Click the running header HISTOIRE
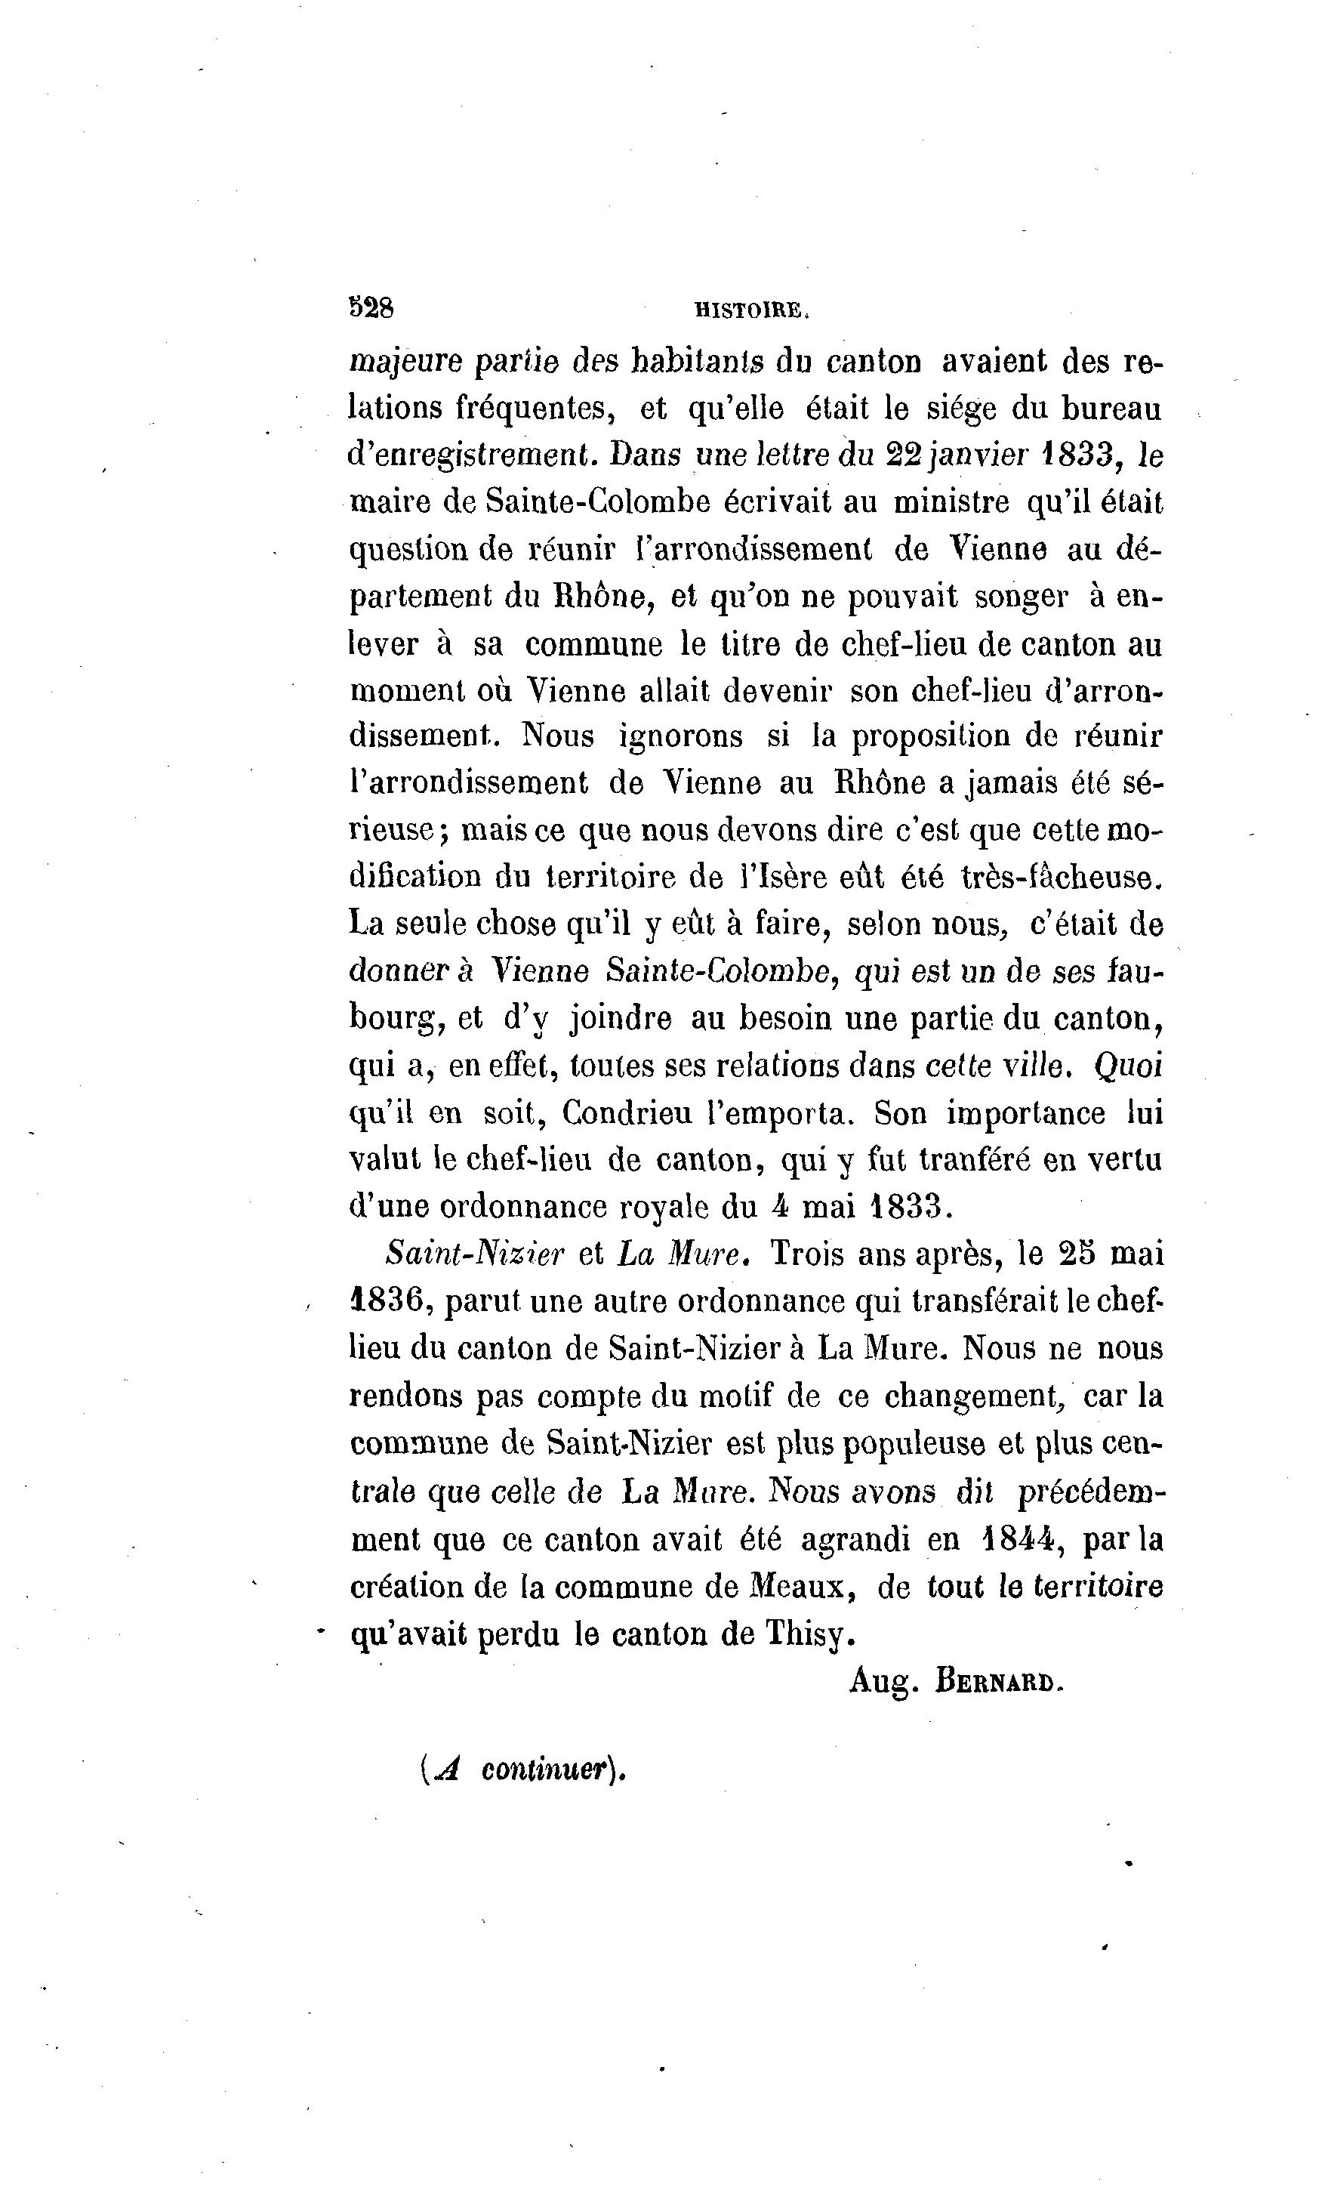click(751, 311)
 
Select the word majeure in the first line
click(405, 363)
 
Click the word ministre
click(951, 504)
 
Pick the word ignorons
click(680, 737)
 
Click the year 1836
click(390, 1303)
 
